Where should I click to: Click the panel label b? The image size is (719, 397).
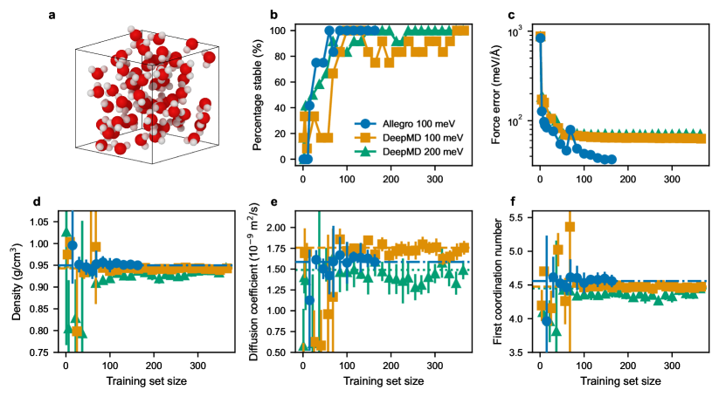pyautogui.click(x=274, y=15)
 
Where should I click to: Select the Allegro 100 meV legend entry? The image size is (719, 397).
pyautogui.click(x=404, y=124)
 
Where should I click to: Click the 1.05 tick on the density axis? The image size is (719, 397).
pyautogui.click(x=44, y=222)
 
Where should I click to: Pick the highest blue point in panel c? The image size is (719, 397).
pyautogui.click(x=540, y=62)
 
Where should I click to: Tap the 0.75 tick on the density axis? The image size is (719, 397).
pyautogui.click(x=44, y=352)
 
